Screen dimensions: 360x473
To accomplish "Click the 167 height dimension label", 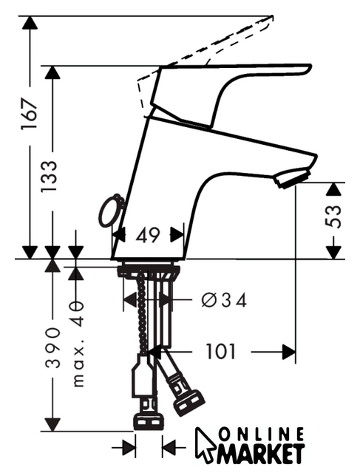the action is pyautogui.click(x=30, y=113).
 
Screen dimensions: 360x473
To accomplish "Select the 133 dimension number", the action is pyautogui.click(x=49, y=177).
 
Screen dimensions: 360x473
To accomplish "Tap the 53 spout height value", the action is pyautogui.click(x=333, y=216).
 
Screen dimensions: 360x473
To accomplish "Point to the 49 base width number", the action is pyautogui.click(x=148, y=235).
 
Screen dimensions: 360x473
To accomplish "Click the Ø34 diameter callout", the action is pyautogui.click(x=224, y=299).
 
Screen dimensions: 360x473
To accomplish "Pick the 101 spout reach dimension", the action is pyautogui.click(x=220, y=351).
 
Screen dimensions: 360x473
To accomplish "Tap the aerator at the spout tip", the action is pyautogui.click(x=292, y=179).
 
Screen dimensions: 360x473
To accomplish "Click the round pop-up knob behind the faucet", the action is pyautogui.click(x=111, y=211).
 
